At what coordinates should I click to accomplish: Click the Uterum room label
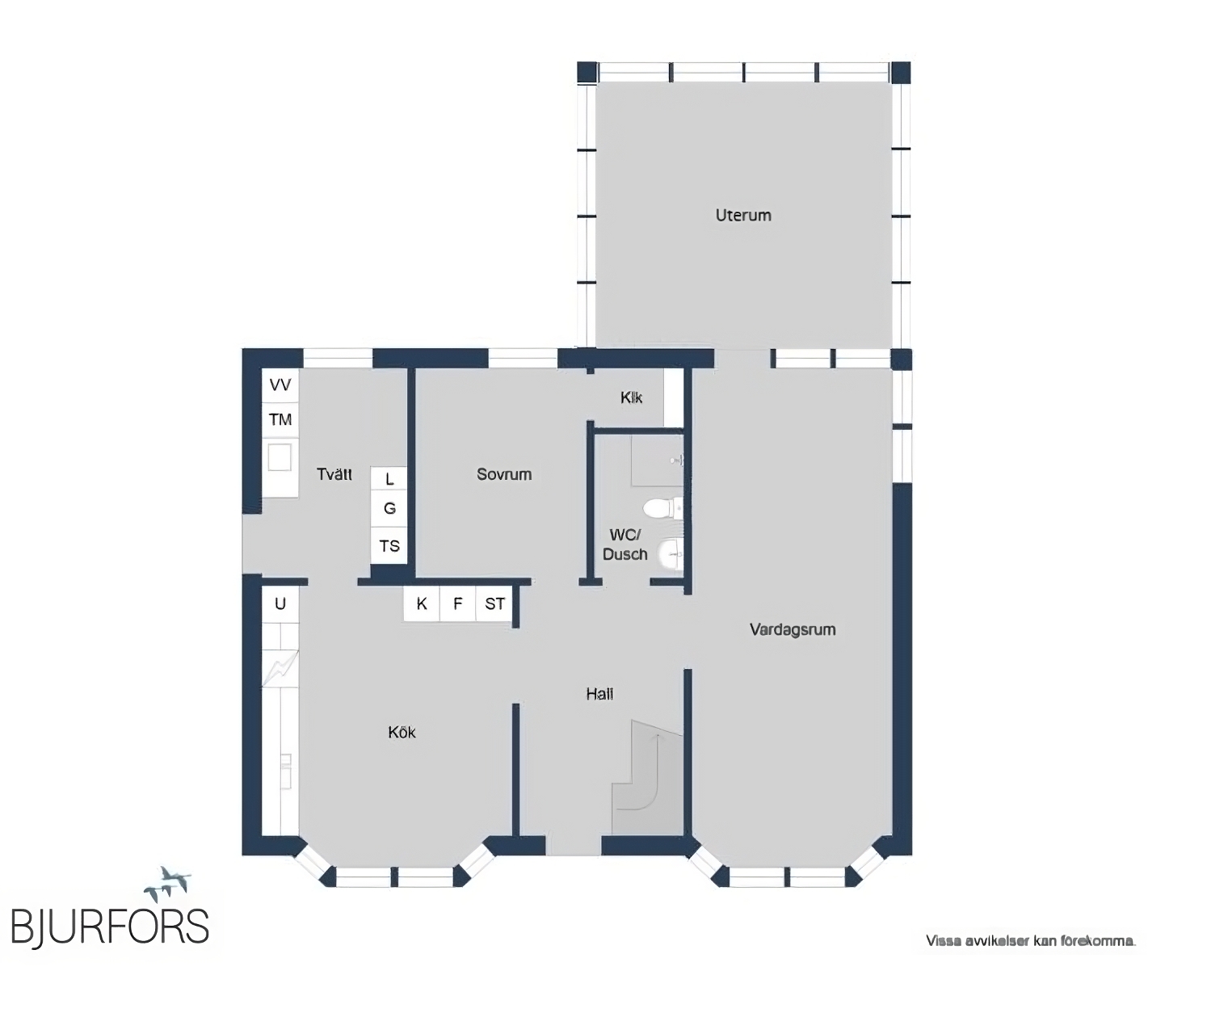(742, 215)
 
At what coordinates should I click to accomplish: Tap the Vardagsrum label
(793, 630)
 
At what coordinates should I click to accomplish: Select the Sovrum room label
(504, 474)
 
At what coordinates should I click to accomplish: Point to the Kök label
(402, 732)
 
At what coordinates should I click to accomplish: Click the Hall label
(599, 694)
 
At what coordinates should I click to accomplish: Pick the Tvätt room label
(334, 474)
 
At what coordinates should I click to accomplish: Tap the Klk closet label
(631, 397)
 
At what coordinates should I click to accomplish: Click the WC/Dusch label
(625, 544)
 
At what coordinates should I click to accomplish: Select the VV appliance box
(280, 385)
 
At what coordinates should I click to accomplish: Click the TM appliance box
(280, 420)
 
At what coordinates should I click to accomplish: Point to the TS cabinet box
(389, 546)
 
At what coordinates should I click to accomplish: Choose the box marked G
(389, 508)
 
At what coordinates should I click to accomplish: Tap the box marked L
(389, 479)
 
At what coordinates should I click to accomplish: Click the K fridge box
(421, 603)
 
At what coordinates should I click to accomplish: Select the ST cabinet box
(494, 603)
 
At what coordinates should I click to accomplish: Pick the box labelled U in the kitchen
(280, 604)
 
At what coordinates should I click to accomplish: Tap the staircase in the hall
(647, 776)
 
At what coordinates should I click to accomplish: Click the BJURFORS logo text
(110, 928)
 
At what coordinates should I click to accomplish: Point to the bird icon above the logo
(167, 884)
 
